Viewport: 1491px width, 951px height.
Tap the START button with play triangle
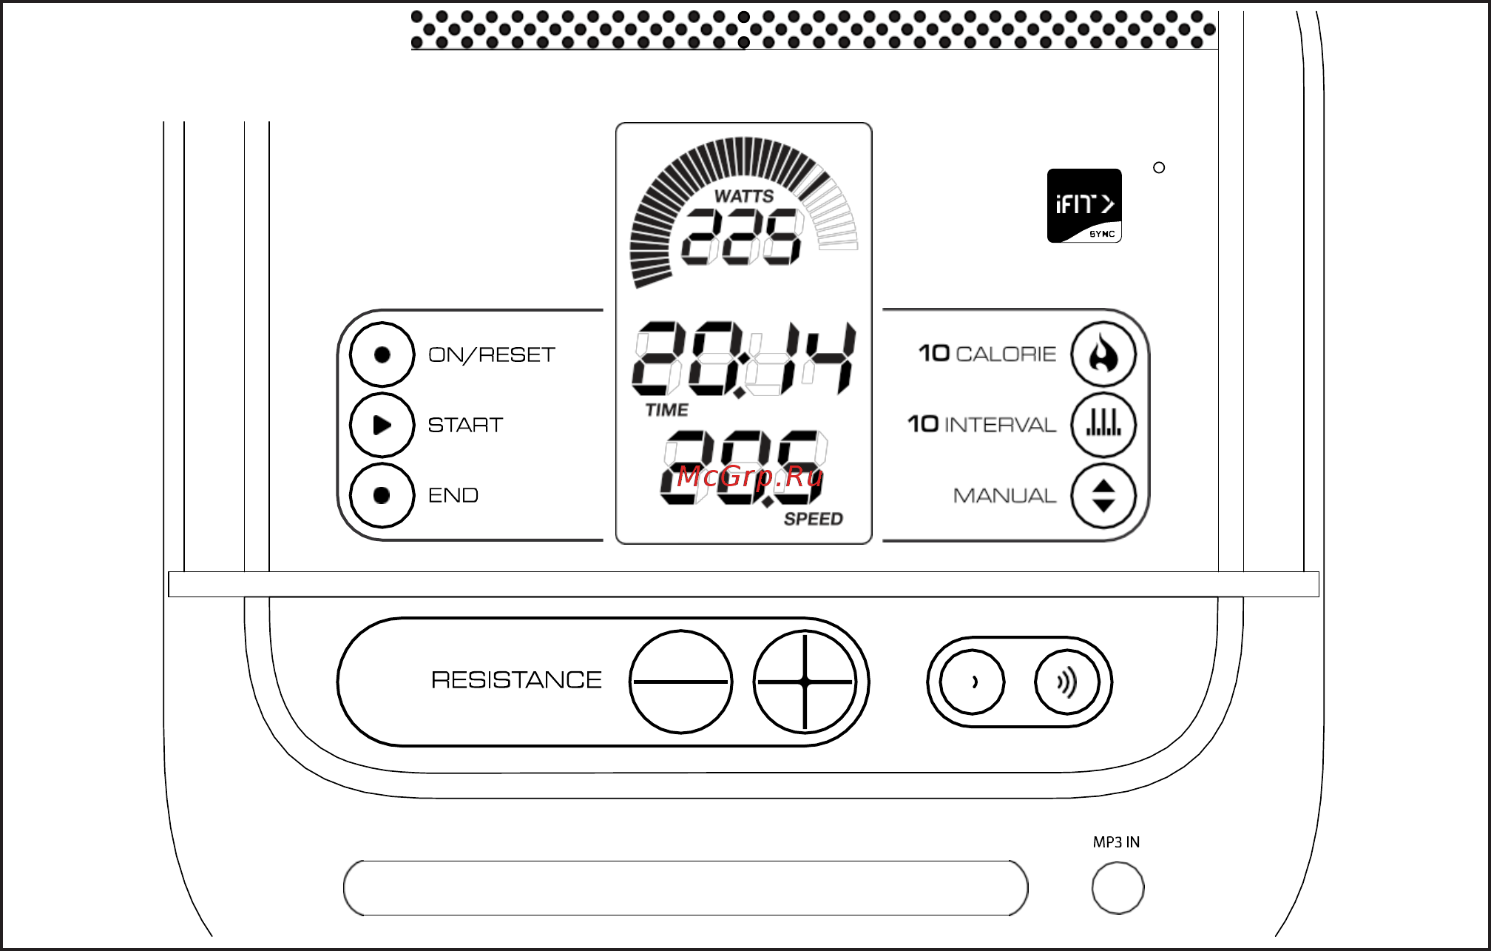[x=382, y=425]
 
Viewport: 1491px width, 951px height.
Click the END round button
[x=382, y=495]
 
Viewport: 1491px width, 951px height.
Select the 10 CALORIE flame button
[x=1103, y=354]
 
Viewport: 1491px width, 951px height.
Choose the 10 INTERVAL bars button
[x=1103, y=425]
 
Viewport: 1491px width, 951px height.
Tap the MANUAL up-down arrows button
[x=1103, y=496]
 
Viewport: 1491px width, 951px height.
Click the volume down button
[x=973, y=682]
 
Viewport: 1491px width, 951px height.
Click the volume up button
[x=1067, y=682]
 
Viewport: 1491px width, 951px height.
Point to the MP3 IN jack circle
[x=1118, y=887]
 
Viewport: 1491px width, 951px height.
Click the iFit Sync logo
[x=1084, y=206]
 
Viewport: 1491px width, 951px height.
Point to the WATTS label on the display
[x=744, y=196]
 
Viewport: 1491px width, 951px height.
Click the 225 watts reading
[x=742, y=236]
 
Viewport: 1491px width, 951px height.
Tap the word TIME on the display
[x=666, y=410]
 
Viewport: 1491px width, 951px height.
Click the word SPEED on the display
[x=814, y=519]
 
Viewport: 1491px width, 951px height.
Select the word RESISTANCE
[x=516, y=680]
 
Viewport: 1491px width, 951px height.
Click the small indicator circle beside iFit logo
[x=1159, y=168]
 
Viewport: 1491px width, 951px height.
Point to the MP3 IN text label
[x=1116, y=842]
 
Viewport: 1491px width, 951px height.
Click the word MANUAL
[x=1004, y=496]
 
